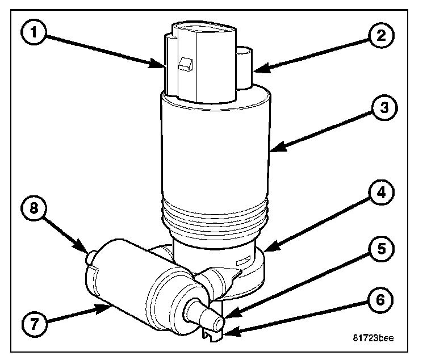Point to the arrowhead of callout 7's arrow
tap(110, 306)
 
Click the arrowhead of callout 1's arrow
tap(164, 68)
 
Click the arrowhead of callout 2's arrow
tap(254, 71)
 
